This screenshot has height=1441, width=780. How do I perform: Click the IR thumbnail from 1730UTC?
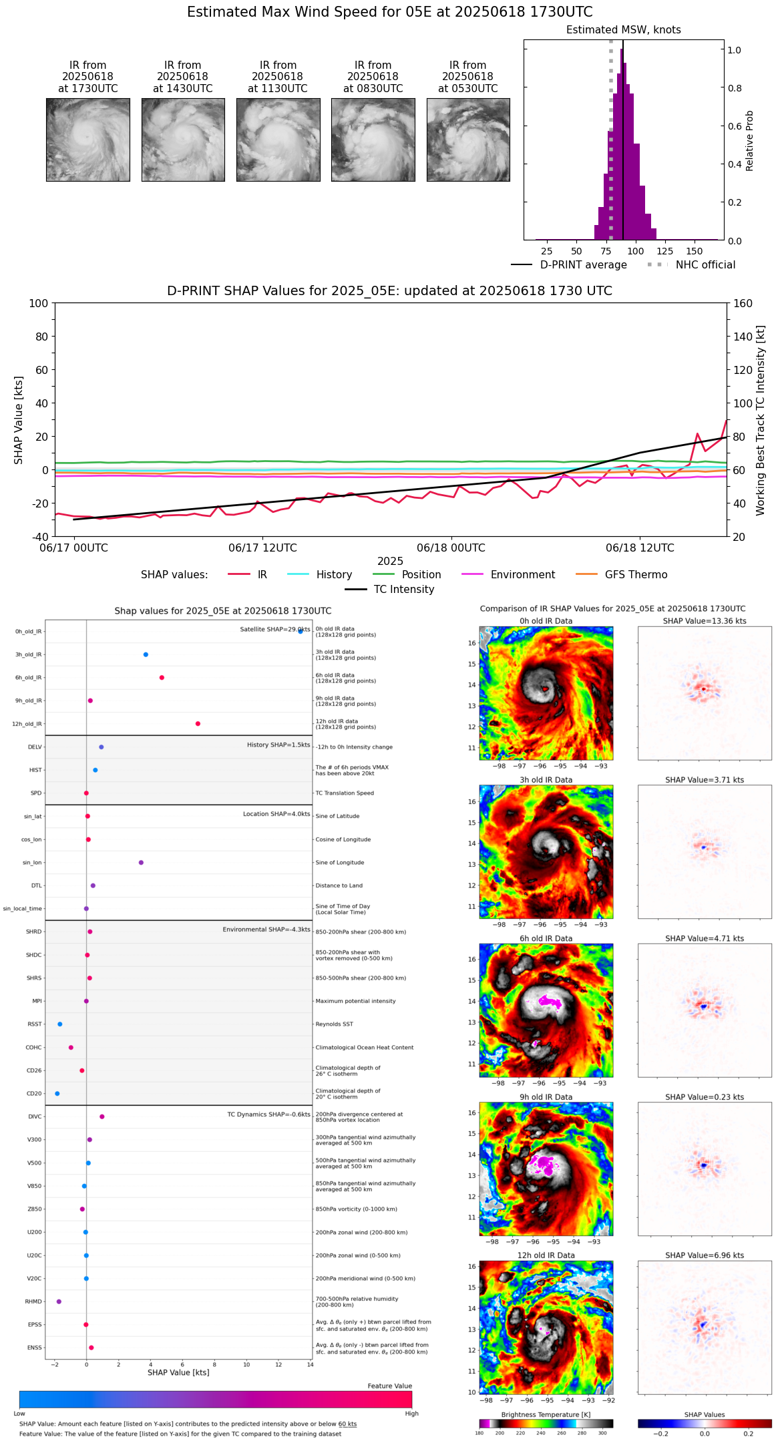point(87,140)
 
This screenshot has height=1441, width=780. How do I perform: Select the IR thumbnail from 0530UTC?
point(468,140)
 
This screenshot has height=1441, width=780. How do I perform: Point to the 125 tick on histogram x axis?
point(664,251)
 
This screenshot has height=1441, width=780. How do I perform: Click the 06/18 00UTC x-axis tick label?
point(451,548)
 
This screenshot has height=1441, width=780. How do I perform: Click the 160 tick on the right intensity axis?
point(743,303)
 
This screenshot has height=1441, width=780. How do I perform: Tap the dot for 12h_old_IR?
point(198,724)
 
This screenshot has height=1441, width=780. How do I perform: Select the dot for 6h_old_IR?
point(162,678)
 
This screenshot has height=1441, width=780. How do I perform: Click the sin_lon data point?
point(141,863)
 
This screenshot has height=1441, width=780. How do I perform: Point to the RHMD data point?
point(59,1301)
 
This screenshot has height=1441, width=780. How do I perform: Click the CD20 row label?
point(34,1094)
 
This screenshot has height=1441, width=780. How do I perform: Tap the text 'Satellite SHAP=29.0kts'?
point(274,630)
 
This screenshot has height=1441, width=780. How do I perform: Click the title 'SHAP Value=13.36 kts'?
point(705,621)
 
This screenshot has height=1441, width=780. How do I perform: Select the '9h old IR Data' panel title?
point(546,1097)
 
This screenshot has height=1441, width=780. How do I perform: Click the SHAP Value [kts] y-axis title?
point(19,420)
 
